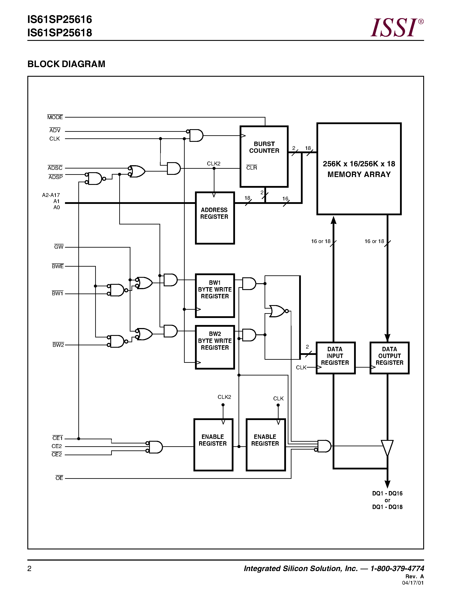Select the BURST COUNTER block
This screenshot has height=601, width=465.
tap(264, 156)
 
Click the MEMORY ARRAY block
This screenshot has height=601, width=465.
tap(359, 169)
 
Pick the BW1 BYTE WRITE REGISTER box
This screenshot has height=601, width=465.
tap(215, 295)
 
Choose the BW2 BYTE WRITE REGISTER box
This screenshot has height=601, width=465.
tap(215, 347)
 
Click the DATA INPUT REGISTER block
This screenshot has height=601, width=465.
tap(335, 358)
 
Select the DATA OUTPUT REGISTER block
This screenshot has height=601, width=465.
tap(389, 358)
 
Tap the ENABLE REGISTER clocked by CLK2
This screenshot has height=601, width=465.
tap(213, 445)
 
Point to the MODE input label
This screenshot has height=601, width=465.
tap(55, 117)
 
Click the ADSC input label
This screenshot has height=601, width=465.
tap(55, 168)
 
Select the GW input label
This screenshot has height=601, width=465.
tap(59, 247)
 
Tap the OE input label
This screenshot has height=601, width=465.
tap(59, 478)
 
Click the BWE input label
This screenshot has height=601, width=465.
tap(58, 266)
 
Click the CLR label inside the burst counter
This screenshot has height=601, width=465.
tap(251, 168)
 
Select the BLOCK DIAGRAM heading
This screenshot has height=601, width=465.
tap(66, 64)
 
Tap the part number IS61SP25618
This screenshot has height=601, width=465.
tap(60, 33)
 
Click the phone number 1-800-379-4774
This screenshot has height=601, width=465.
tap(397, 568)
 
